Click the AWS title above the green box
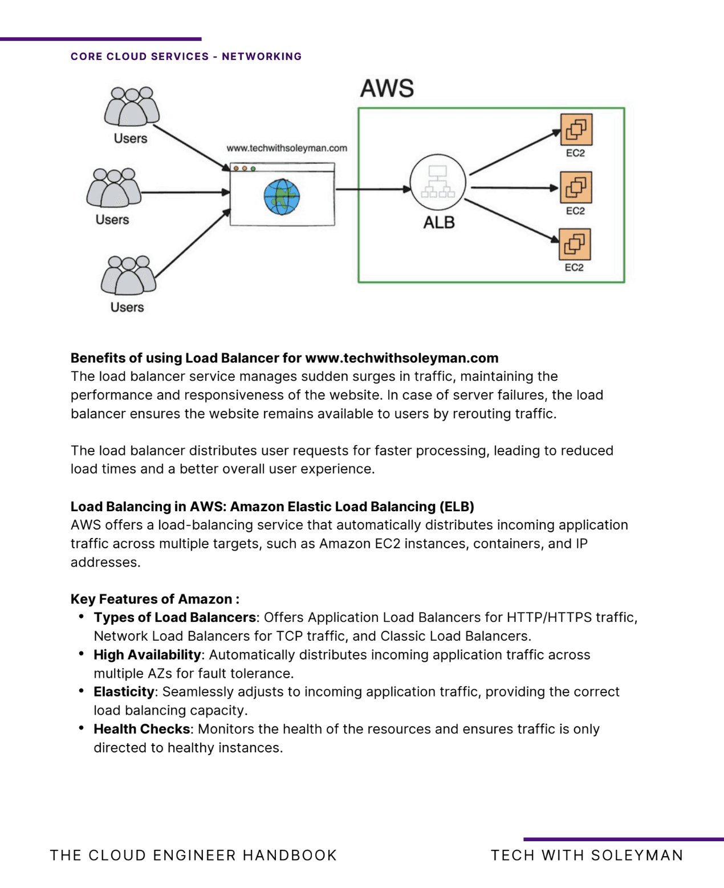click(x=387, y=89)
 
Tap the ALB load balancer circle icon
click(x=438, y=182)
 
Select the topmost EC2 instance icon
click(x=576, y=129)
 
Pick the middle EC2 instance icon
click(x=576, y=187)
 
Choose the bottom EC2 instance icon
click(x=575, y=244)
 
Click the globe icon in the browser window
click(x=282, y=197)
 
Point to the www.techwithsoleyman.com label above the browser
click(x=287, y=148)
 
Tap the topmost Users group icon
click(x=132, y=107)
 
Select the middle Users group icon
click(x=114, y=188)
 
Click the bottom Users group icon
click(x=128, y=275)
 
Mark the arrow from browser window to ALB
click(x=373, y=189)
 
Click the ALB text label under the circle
click(x=439, y=222)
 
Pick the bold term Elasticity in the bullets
click(x=124, y=691)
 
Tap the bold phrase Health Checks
click(x=142, y=729)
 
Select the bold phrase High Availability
click(x=147, y=654)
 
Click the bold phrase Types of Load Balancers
click(x=174, y=617)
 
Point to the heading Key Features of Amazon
click(x=154, y=599)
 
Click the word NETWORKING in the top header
click(x=262, y=56)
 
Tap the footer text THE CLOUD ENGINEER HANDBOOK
click(x=193, y=856)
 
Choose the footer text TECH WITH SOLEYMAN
click(x=587, y=856)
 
